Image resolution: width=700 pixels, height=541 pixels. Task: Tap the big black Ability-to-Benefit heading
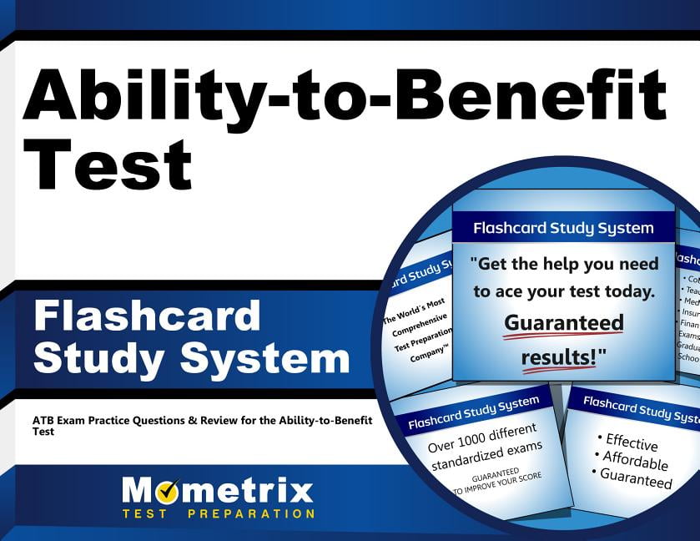344,93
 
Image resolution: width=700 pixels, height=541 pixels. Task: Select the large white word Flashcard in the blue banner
147,317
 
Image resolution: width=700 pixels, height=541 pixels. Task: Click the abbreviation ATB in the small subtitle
43,418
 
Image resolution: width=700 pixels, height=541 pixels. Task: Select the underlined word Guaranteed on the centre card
564,323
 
